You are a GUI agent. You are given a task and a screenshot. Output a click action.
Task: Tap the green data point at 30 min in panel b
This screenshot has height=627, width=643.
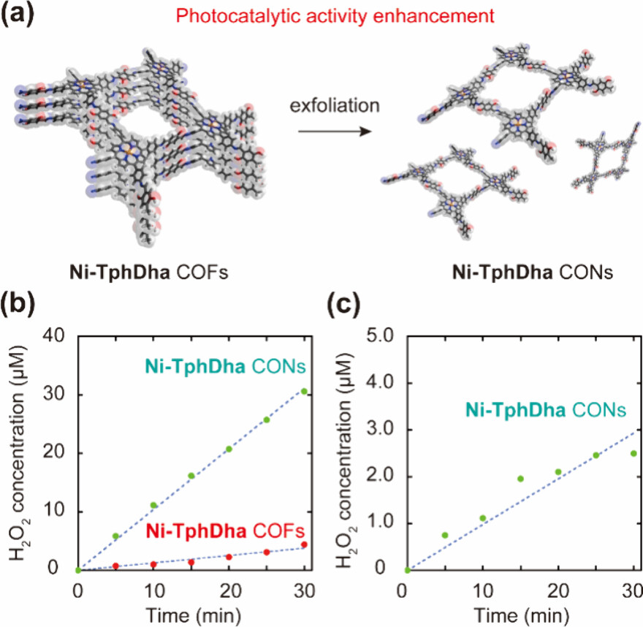click(x=304, y=392)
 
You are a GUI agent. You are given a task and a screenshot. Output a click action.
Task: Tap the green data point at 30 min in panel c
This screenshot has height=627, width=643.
click(x=634, y=454)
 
